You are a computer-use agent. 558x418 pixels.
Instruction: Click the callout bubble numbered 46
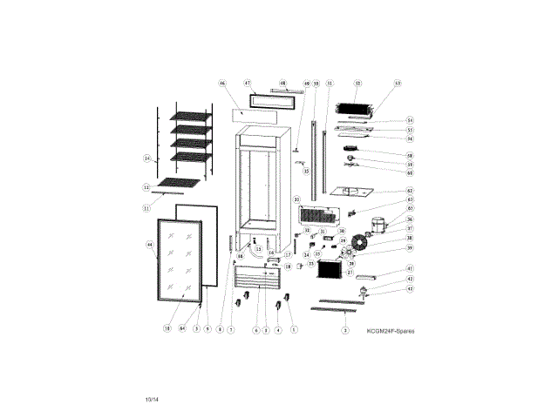tap(222, 84)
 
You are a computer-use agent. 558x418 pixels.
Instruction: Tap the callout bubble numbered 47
tap(247, 82)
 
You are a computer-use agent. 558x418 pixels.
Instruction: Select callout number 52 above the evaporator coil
tap(357, 84)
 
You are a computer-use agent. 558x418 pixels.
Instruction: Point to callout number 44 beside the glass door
tap(149, 246)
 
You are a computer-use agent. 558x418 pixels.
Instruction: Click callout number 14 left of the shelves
tap(146, 158)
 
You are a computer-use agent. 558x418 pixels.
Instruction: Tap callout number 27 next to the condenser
tap(350, 272)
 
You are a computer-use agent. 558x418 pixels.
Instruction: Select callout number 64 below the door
tap(182, 328)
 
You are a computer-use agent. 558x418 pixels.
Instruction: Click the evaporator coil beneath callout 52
tap(356, 110)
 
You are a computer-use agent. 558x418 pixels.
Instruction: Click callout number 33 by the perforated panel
tap(296, 199)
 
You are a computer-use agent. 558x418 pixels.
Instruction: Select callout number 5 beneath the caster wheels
tap(294, 328)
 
